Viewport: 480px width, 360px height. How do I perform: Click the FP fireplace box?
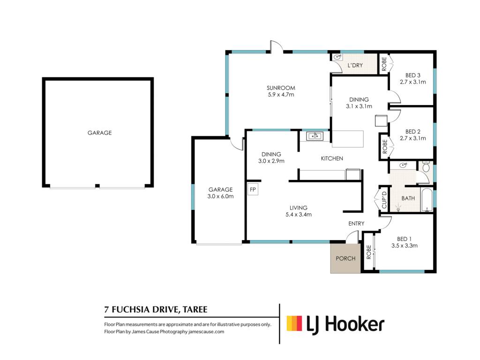(x=253, y=189)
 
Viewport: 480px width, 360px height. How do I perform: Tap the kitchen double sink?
(x=315, y=136)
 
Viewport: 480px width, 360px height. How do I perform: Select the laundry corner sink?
(x=337, y=57)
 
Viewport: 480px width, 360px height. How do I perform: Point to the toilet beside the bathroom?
(x=426, y=166)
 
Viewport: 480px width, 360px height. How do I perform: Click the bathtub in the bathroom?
(x=427, y=200)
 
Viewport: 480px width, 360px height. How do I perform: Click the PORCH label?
(x=345, y=258)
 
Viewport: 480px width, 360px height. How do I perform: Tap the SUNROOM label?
(x=281, y=88)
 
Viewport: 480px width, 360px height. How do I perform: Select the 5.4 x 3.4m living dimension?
(x=299, y=215)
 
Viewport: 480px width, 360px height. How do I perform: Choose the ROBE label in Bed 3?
(x=384, y=64)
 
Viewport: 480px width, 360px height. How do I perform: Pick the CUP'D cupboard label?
(x=384, y=200)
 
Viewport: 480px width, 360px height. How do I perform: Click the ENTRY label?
(x=356, y=224)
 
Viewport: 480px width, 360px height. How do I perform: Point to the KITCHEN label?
(x=332, y=158)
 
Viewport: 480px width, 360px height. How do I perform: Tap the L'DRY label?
(x=355, y=65)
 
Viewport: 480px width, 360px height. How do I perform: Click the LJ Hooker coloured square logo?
(x=294, y=323)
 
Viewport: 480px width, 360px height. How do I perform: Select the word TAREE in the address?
(x=195, y=309)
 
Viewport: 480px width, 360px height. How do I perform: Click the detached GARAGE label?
(x=99, y=133)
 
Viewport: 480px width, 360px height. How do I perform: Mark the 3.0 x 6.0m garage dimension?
(x=220, y=196)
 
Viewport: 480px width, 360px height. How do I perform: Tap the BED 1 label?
(x=404, y=239)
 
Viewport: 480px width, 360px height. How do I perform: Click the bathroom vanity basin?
(x=403, y=165)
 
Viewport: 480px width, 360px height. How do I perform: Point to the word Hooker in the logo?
(x=355, y=324)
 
